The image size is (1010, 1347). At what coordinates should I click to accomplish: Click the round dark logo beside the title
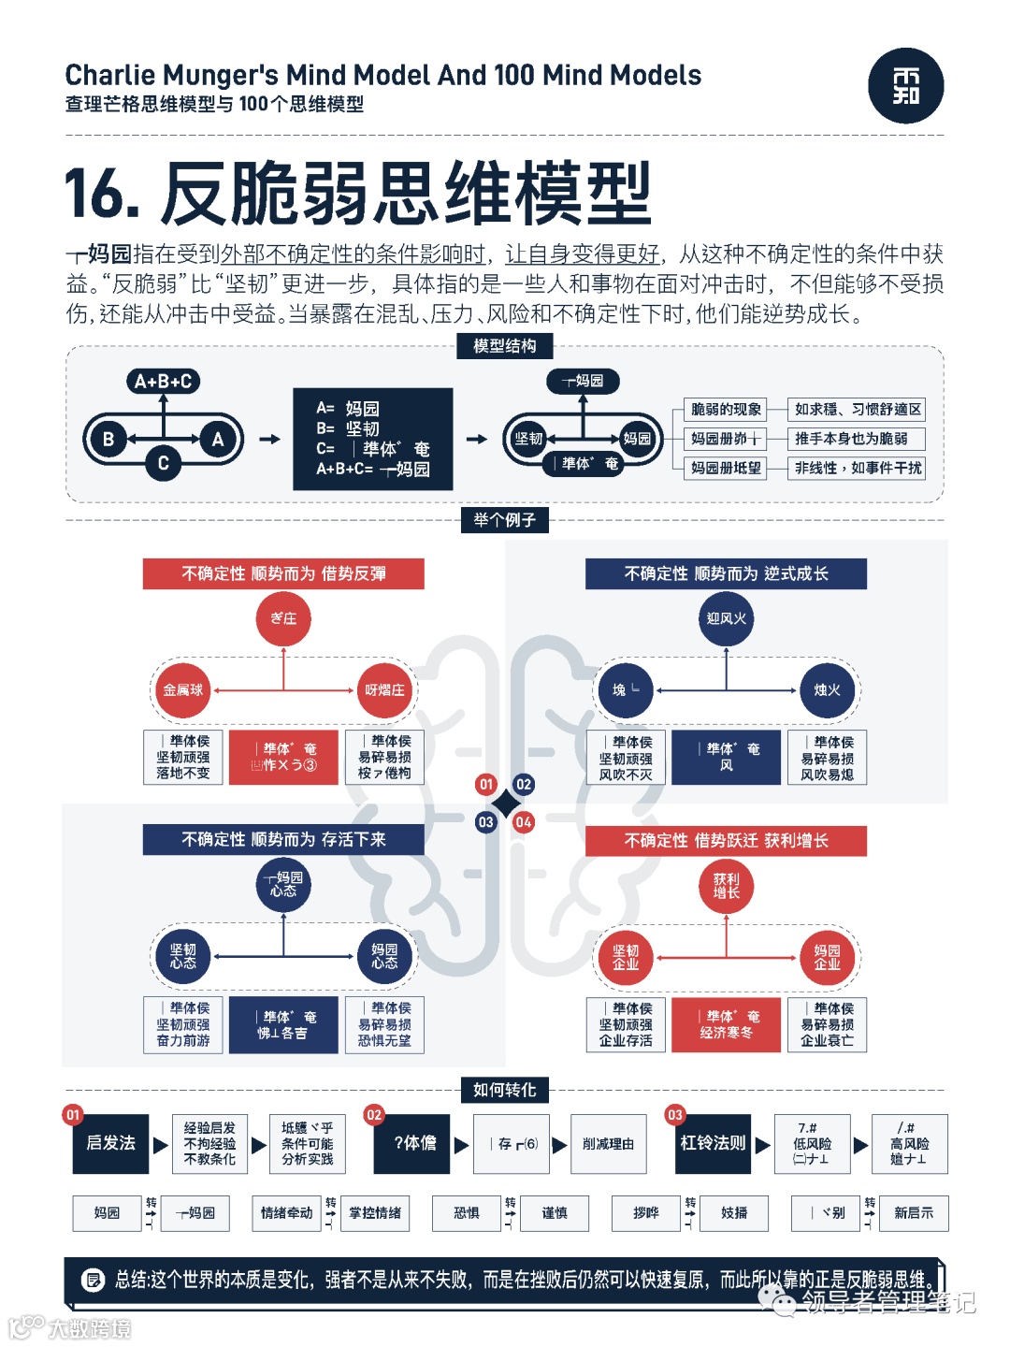click(905, 86)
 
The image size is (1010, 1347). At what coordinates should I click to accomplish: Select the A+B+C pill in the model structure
click(164, 381)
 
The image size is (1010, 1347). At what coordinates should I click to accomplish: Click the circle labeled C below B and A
click(163, 462)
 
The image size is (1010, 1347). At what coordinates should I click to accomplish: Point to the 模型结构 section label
click(505, 346)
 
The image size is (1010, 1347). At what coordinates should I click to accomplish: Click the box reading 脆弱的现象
click(726, 410)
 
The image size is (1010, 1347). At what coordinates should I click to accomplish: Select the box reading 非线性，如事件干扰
click(857, 468)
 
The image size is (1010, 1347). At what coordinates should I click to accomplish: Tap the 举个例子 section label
click(505, 520)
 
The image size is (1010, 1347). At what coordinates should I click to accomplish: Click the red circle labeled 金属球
click(183, 690)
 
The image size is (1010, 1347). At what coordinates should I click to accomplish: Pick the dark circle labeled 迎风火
click(727, 618)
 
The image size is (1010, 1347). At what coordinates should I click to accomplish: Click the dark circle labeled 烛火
click(827, 690)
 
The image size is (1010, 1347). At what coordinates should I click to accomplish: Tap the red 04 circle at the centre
click(524, 822)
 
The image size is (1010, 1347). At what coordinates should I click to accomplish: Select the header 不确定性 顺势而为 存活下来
click(283, 839)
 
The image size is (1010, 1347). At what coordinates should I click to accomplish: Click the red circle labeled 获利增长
click(727, 885)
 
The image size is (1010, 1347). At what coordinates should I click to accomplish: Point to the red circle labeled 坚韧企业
click(626, 957)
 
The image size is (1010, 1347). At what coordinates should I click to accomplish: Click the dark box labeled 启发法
click(110, 1143)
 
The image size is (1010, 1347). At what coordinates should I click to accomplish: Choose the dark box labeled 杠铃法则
click(713, 1143)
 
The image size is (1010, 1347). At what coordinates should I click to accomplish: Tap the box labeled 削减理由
click(608, 1143)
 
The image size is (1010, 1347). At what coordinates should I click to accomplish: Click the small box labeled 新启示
click(914, 1213)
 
